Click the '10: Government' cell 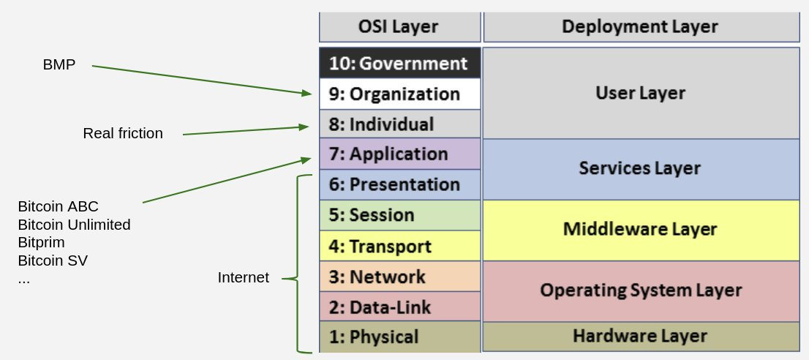400,63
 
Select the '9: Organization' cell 400,94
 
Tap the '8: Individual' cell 400,124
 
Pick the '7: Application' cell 400,154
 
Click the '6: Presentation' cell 400,184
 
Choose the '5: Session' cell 400,215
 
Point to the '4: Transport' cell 400,246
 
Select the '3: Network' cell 400,277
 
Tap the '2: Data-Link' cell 400,307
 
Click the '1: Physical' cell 400,337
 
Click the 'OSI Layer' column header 400,27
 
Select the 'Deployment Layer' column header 641,27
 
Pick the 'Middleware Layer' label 640,229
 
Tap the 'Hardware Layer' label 640,336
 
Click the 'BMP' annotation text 59,65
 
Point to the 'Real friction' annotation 123,134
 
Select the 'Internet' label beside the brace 243,277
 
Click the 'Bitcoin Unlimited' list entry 75,225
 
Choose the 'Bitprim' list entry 41,243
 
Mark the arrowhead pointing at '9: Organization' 307,93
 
